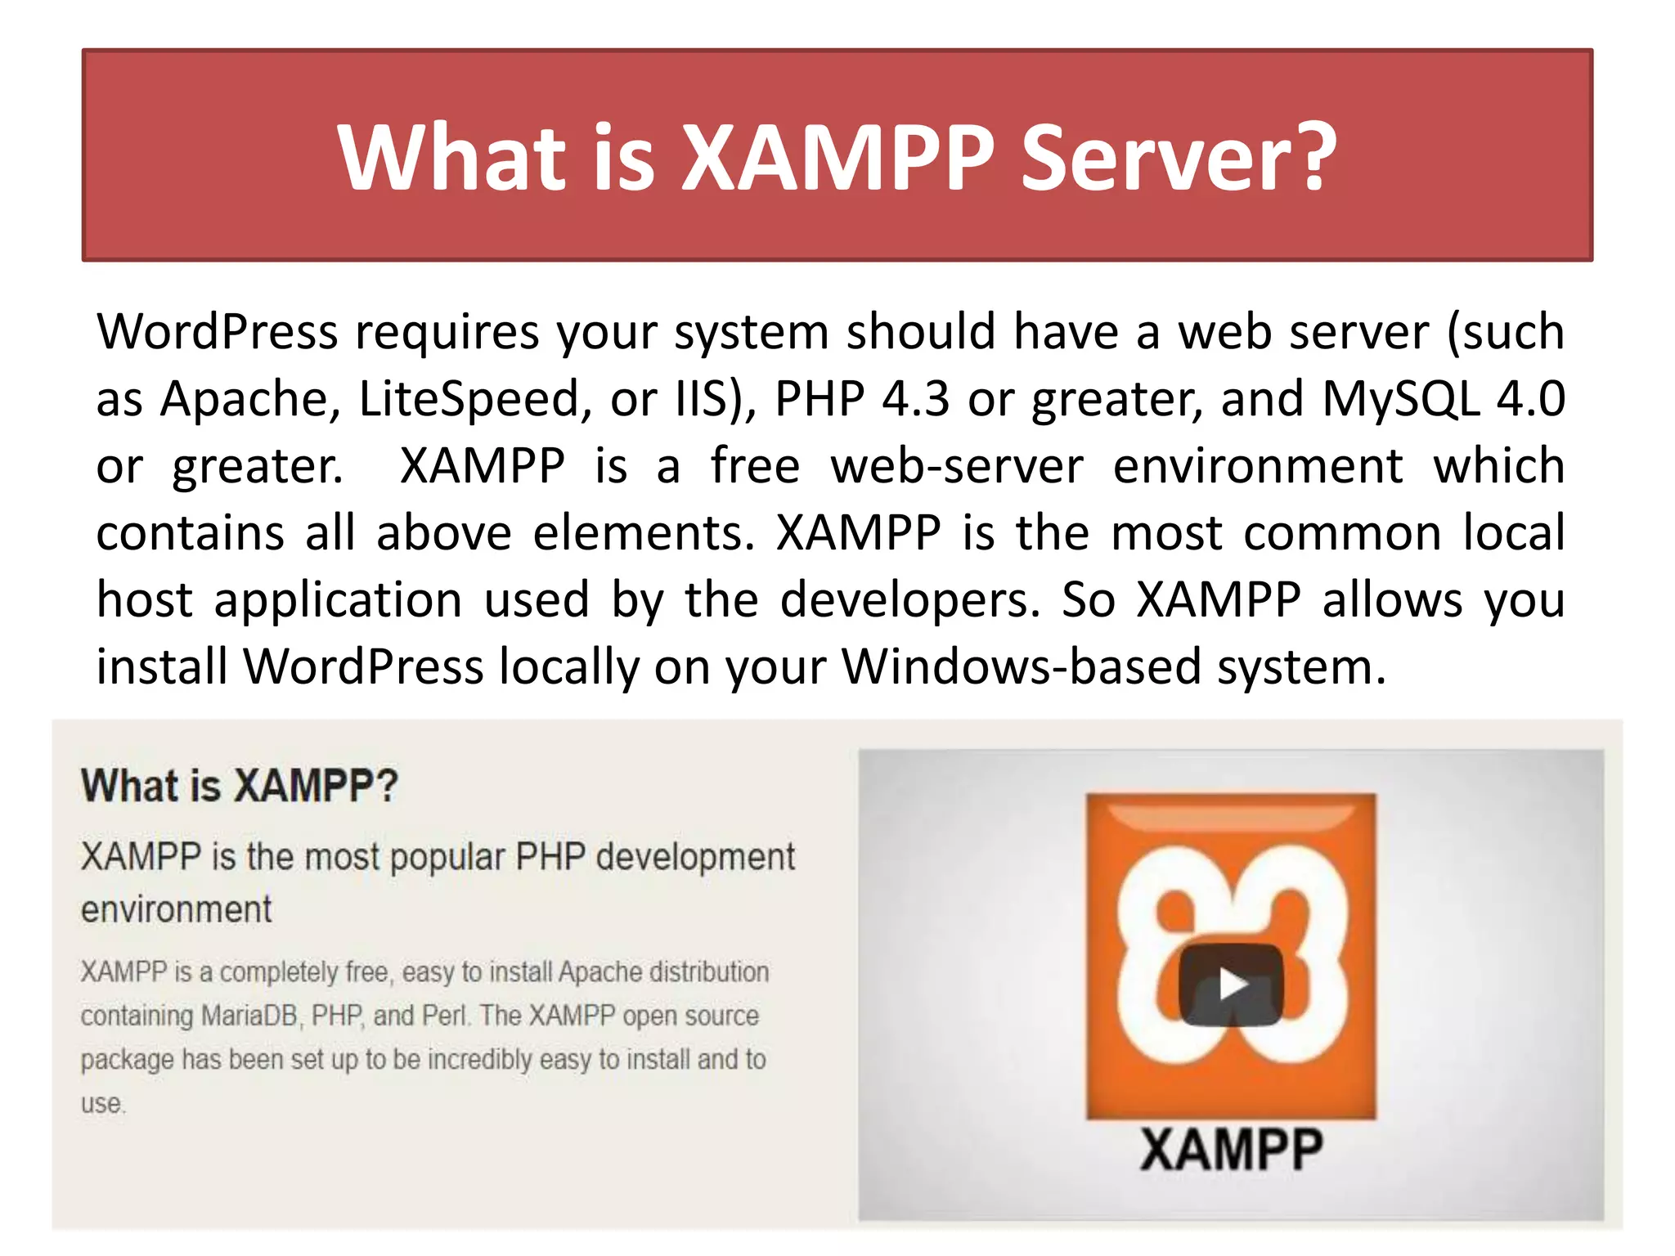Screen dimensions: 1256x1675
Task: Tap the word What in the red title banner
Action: click(451, 157)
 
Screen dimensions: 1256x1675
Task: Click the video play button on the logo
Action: click(1231, 985)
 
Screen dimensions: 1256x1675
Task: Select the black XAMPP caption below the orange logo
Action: click(1231, 1150)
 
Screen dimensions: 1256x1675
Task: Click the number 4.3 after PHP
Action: click(915, 399)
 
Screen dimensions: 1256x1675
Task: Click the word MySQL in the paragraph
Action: click(1400, 399)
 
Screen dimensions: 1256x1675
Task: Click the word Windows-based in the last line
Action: click(1022, 667)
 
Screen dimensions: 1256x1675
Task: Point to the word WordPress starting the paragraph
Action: click(217, 332)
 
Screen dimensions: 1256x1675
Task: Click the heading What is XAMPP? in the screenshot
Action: click(239, 786)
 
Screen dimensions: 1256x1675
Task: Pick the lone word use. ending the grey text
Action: click(103, 1104)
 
